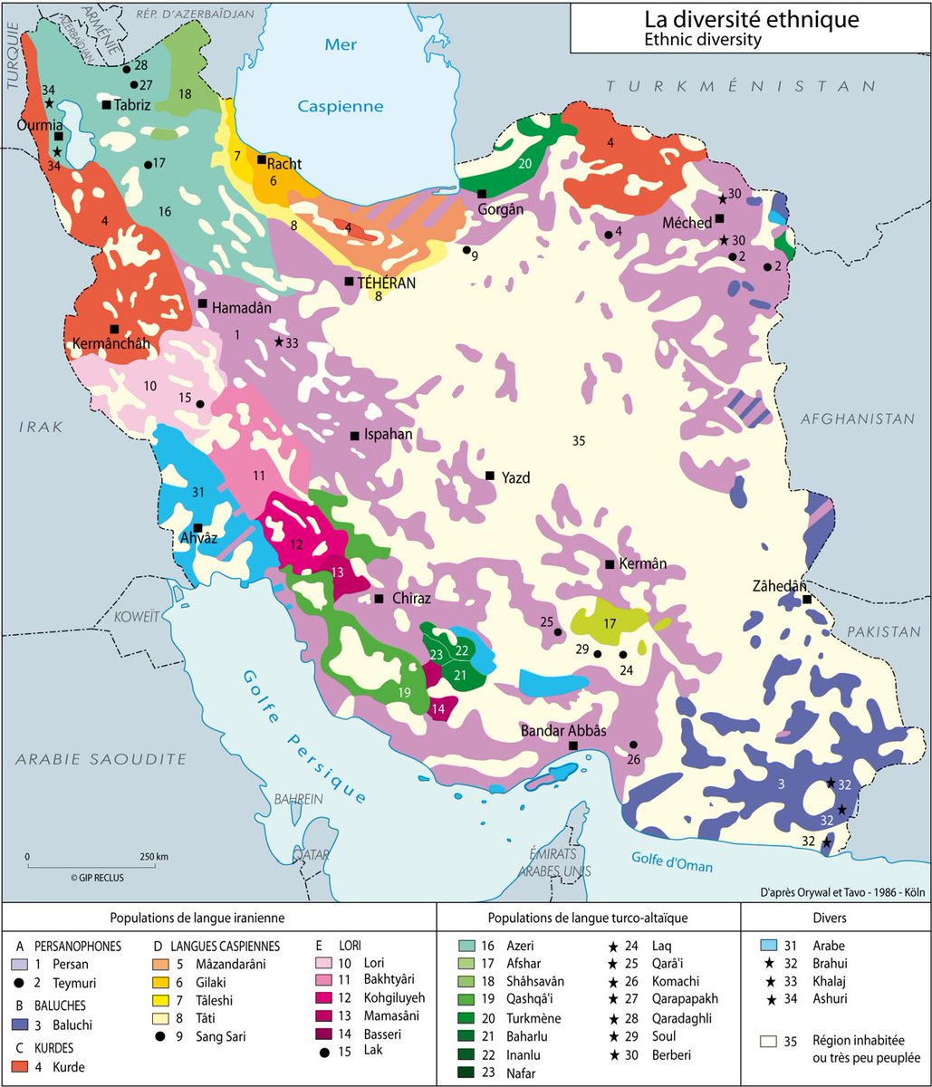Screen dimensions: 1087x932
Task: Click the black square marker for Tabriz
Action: (x=106, y=105)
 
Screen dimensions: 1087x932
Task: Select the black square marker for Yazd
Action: (x=489, y=476)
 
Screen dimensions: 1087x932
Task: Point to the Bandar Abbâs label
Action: (x=562, y=730)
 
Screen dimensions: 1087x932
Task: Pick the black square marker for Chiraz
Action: (x=379, y=599)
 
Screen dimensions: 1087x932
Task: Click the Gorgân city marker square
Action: (x=482, y=193)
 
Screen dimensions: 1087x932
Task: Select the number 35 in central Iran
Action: (x=581, y=441)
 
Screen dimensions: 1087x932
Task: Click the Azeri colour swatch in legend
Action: (x=470, y=945)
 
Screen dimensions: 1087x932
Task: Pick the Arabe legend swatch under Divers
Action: (x=771, y=945)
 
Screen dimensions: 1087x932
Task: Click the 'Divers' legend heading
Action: (x=835, y=917)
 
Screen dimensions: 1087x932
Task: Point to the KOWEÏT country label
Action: (x=136, y=616)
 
